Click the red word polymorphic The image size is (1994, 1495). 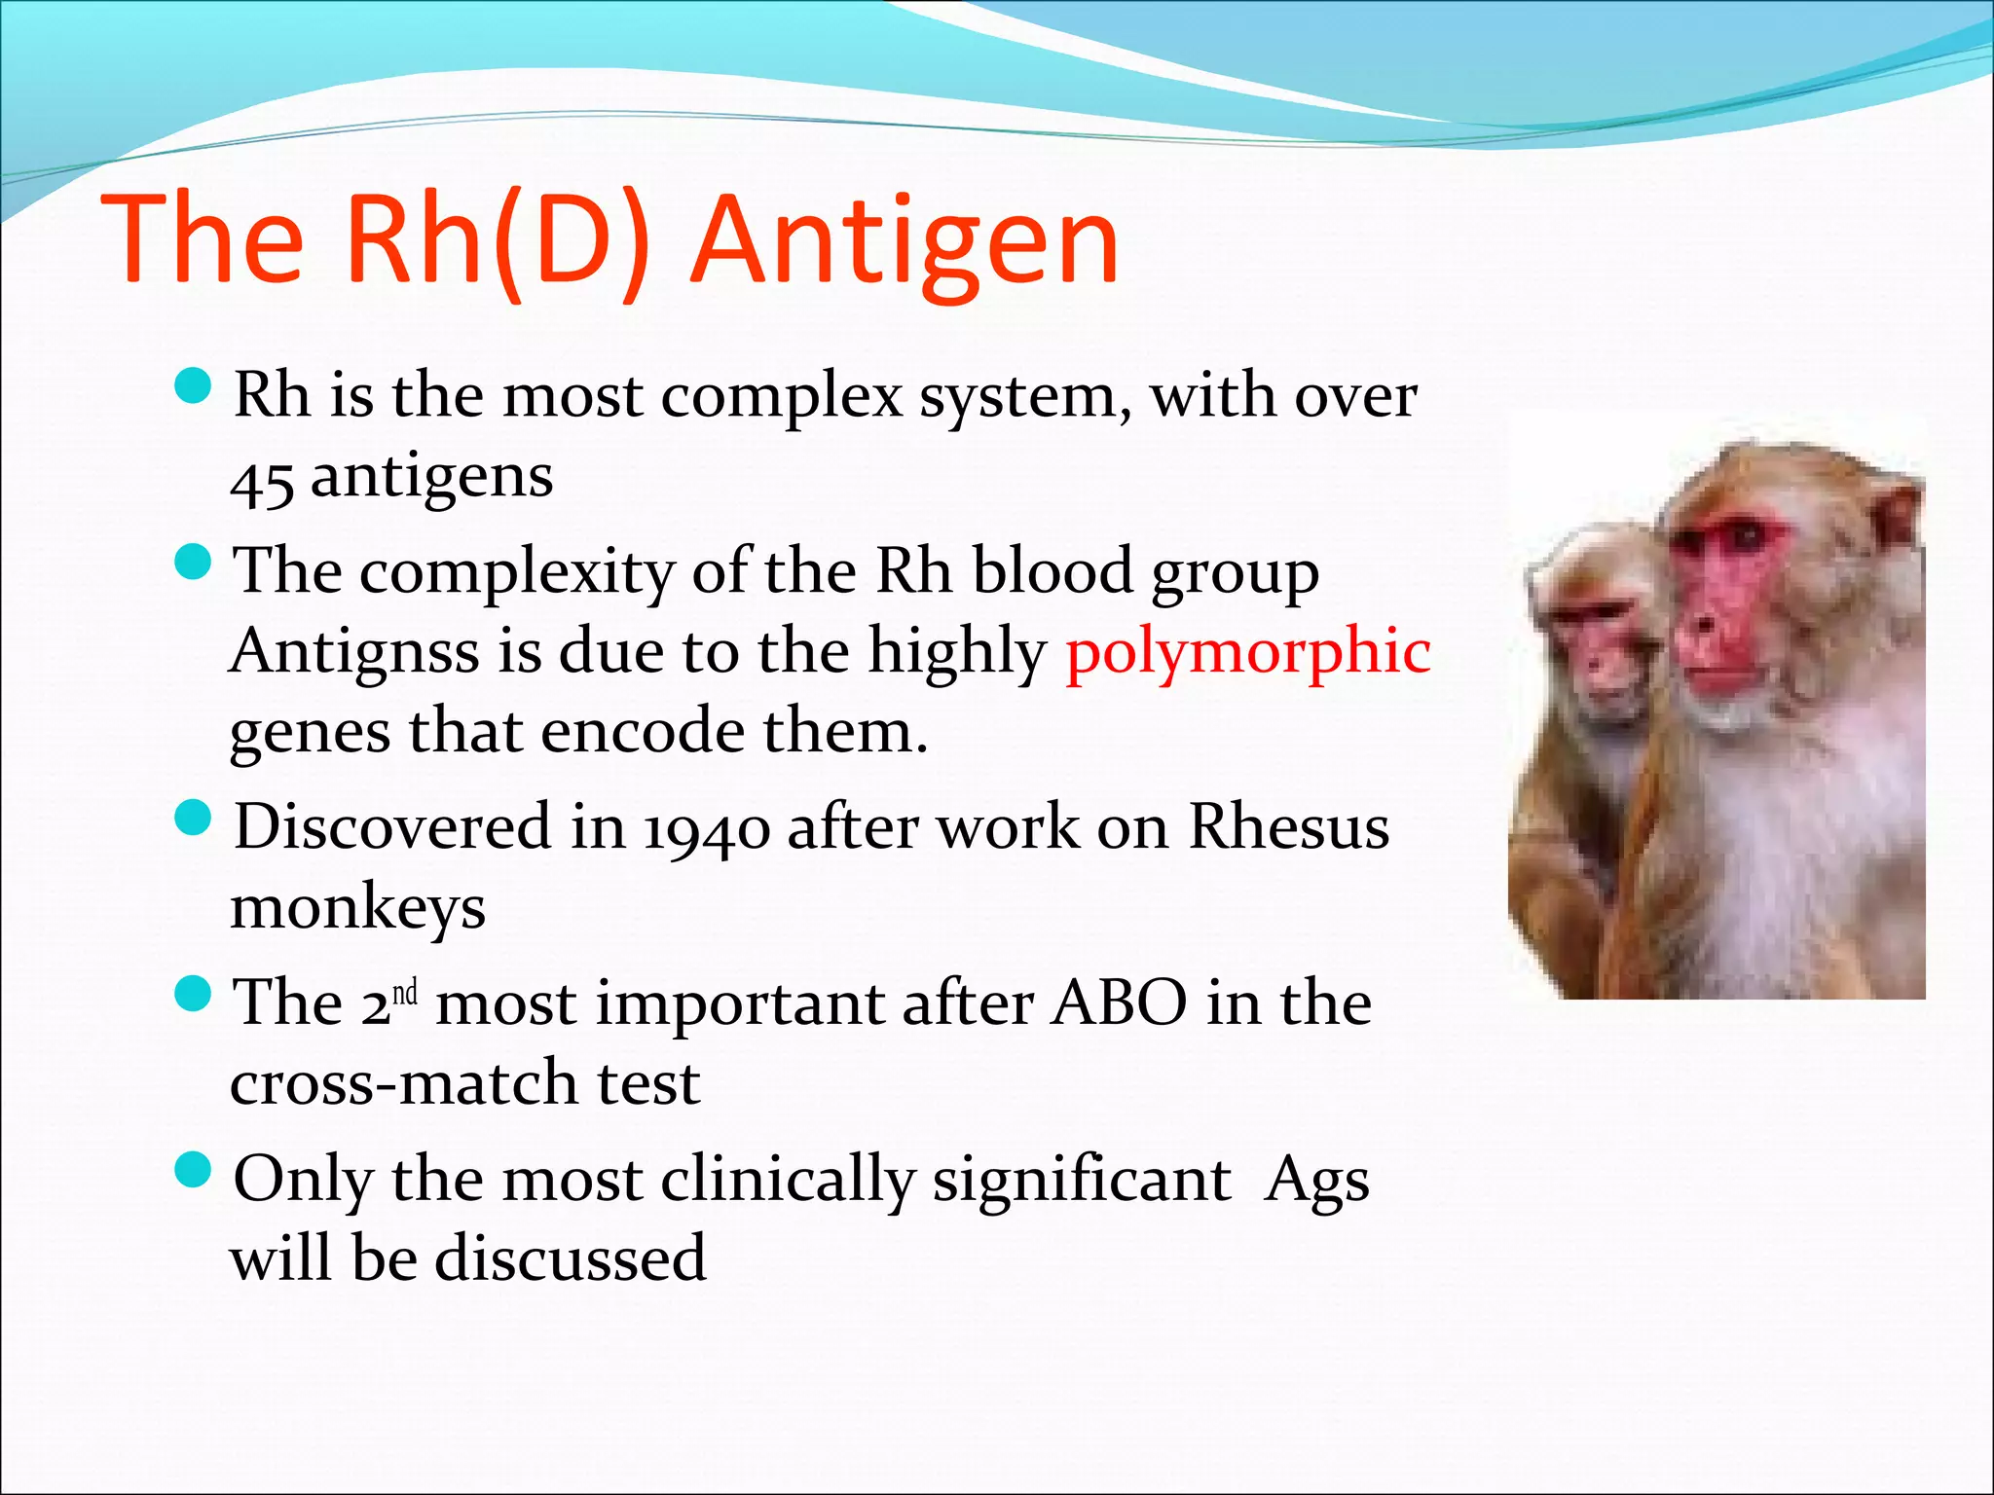coord(1248,651)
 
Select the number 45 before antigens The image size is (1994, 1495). coord(261,482)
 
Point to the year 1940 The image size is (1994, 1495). coord(707,829)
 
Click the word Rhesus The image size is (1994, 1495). coord(1289,827)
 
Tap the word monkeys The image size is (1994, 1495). coord(357,909)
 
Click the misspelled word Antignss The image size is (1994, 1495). coord(354,651)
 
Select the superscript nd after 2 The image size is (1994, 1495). coord(405,993)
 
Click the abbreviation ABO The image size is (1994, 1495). coord(1120,1003)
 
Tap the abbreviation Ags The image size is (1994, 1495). coord(1316,1181)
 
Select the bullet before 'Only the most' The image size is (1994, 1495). coord(193,1170)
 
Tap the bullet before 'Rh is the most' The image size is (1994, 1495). coord(193,386)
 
